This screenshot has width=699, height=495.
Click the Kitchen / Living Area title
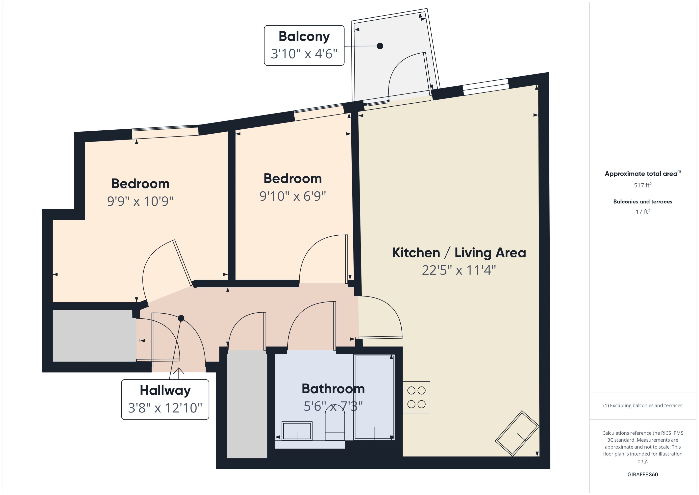[459, 253]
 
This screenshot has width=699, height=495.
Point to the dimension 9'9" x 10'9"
[140, 201]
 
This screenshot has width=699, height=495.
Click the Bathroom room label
[333, 389]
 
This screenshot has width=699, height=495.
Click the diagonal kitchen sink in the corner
[517, 433]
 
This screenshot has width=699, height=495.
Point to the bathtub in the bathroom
[374, 397]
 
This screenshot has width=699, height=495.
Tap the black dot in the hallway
[181, 318]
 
